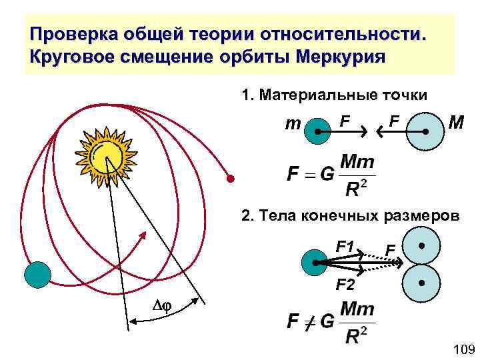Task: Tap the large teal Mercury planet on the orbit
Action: click(x=37, y=273)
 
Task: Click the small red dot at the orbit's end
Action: click(x=230, y=179)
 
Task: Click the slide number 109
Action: click(x=463, y=349)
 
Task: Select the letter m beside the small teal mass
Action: click(x=292, y=124)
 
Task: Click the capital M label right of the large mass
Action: click(x=457, y=123)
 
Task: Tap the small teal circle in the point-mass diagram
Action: click(x=317, y=132)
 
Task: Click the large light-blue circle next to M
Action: click(x=424, y=132)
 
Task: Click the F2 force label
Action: click(x=345, y=285)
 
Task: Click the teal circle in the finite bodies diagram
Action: click(x=314, y=263)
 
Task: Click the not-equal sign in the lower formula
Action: click(x=309, y=321)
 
